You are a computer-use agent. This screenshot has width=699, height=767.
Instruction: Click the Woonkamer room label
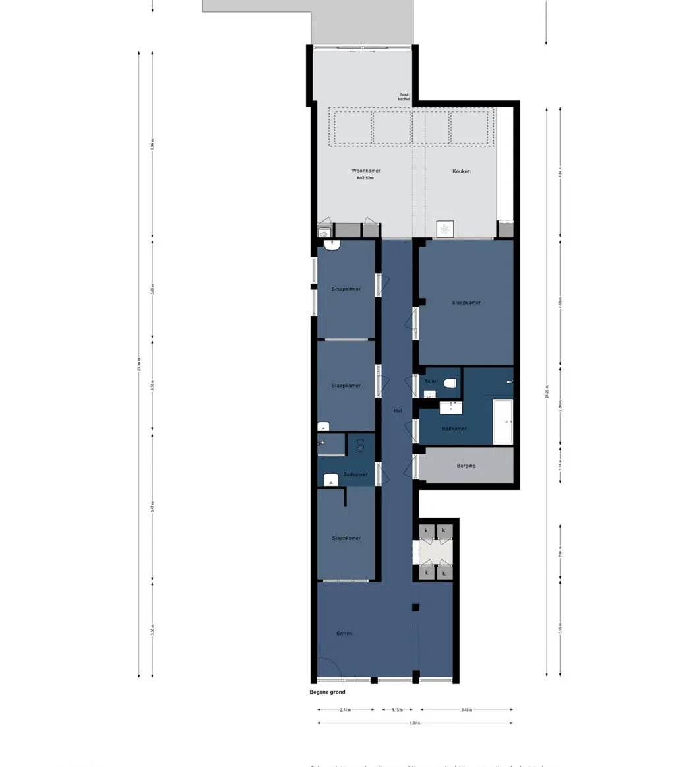(x=365, y=171)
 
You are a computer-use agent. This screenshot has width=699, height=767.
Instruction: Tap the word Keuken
(x=461, y=171)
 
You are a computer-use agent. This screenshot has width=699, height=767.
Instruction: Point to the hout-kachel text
(x=404, y=96)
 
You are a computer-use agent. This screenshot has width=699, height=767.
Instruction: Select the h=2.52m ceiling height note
(x=365, y=178)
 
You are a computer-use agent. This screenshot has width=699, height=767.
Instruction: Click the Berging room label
(x=466, y=466)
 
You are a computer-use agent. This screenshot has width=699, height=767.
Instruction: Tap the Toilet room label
(x=431, y=381)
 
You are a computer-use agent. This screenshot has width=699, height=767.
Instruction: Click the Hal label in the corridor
(x=398, y=410)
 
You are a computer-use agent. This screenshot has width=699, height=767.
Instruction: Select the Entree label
(x=344, y=634)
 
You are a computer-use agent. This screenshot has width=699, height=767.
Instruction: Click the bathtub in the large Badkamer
(x=503, y=421)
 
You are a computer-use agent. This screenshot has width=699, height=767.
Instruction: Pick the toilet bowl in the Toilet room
(x=450, y=383)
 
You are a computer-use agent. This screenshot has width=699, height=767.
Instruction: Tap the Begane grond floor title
(x=327, y=692)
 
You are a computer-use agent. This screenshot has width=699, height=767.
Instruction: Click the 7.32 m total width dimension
(x=414, y=723)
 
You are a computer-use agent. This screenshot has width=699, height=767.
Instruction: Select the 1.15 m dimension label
(x=398, y=710)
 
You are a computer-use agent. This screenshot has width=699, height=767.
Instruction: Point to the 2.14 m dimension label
(x=346, y=710)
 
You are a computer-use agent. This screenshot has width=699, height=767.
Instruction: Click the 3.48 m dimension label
(x=466, y=710)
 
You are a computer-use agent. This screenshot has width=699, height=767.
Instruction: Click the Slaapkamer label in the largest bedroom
(x=466, y=303)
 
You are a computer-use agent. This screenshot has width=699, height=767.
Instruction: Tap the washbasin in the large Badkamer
(x=450, y=407)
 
